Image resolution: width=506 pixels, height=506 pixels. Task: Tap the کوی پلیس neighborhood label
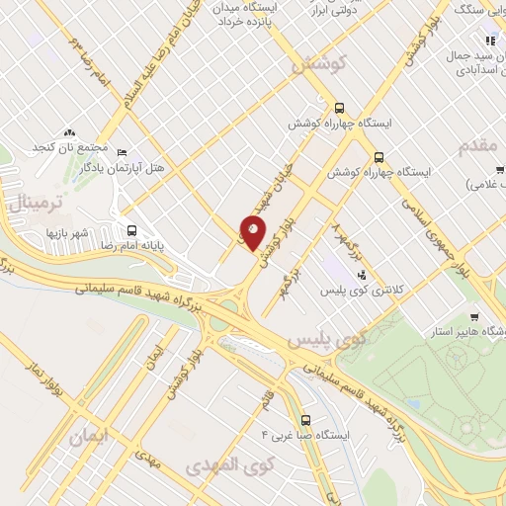click(327, 340)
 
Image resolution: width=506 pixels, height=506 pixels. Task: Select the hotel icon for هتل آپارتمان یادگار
click(122, 154)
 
